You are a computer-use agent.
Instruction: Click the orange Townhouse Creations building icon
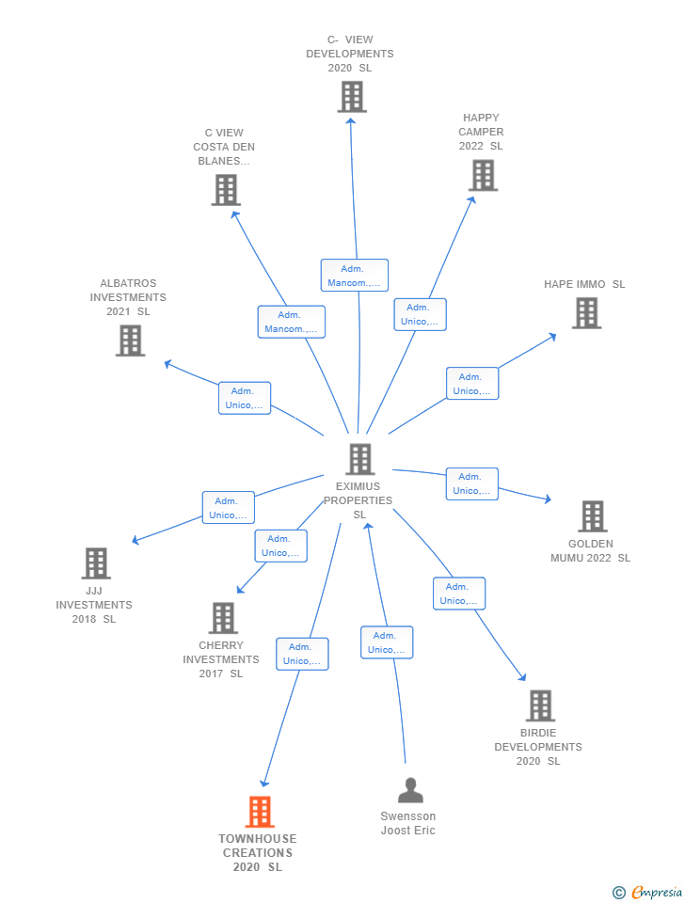tap(260, 812)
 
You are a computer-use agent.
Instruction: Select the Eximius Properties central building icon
tap(360, 459)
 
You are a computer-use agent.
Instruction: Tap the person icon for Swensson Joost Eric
tap(411, 790)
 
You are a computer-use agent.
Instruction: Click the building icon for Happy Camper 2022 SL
tap(483, 175)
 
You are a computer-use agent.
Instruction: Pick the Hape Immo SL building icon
tap(586, 313)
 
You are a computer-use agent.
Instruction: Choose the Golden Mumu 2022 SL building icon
tap(592, 516)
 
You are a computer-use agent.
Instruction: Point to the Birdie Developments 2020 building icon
tap(540, 705)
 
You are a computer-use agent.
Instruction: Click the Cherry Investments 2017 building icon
tap(223, 618)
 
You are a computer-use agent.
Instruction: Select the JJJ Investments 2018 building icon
tap(96, 563)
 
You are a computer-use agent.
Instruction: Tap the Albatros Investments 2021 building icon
tap(130, 341)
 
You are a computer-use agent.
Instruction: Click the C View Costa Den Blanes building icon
tap(226, 190)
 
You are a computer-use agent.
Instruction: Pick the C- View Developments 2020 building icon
tap(352, 97)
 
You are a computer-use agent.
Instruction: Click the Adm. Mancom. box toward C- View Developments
tap(355, 276)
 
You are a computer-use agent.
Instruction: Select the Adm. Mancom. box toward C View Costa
tap(292, 322)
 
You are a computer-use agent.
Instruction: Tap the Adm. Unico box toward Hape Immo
tap(472, 384)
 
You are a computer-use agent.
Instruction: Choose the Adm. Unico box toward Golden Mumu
tap(471, 483)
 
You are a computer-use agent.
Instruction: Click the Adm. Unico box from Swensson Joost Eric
tap(387, 642)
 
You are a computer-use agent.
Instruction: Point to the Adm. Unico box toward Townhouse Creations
tap(302, 654)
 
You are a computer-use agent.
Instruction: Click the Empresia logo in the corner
tap(647, 892)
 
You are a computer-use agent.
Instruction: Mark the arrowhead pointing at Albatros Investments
tap(168, 364)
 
